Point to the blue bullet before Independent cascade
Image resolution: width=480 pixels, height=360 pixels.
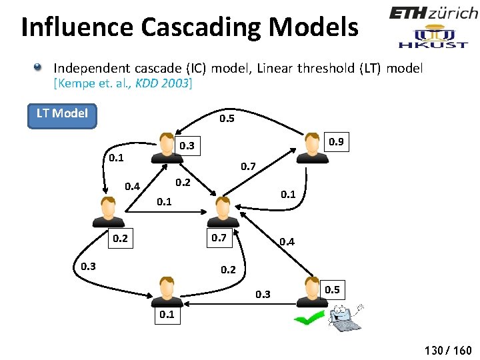pyautogui.click(x=39, y=67)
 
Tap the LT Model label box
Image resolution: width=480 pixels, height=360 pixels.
pyautogui.click(x=61, y=113)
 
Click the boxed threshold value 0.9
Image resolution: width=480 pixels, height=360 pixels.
pyautogui.click(x=336, y=141)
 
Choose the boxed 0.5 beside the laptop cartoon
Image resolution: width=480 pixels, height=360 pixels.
pyautogui.click(x=333, y=289)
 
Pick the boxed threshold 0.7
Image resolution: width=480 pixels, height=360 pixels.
pyautogui.click(x=219, y=237)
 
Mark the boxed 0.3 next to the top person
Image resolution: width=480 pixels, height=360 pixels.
pyautogui.click(x=187, y=145)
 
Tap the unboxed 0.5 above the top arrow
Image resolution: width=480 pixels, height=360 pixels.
pyautogui.click(x=227, y=119)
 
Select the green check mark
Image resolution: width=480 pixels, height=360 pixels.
pyautogui.click(x=309, y=319)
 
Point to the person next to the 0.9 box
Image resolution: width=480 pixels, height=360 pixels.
pyautogui.click(x=311, y=147)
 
